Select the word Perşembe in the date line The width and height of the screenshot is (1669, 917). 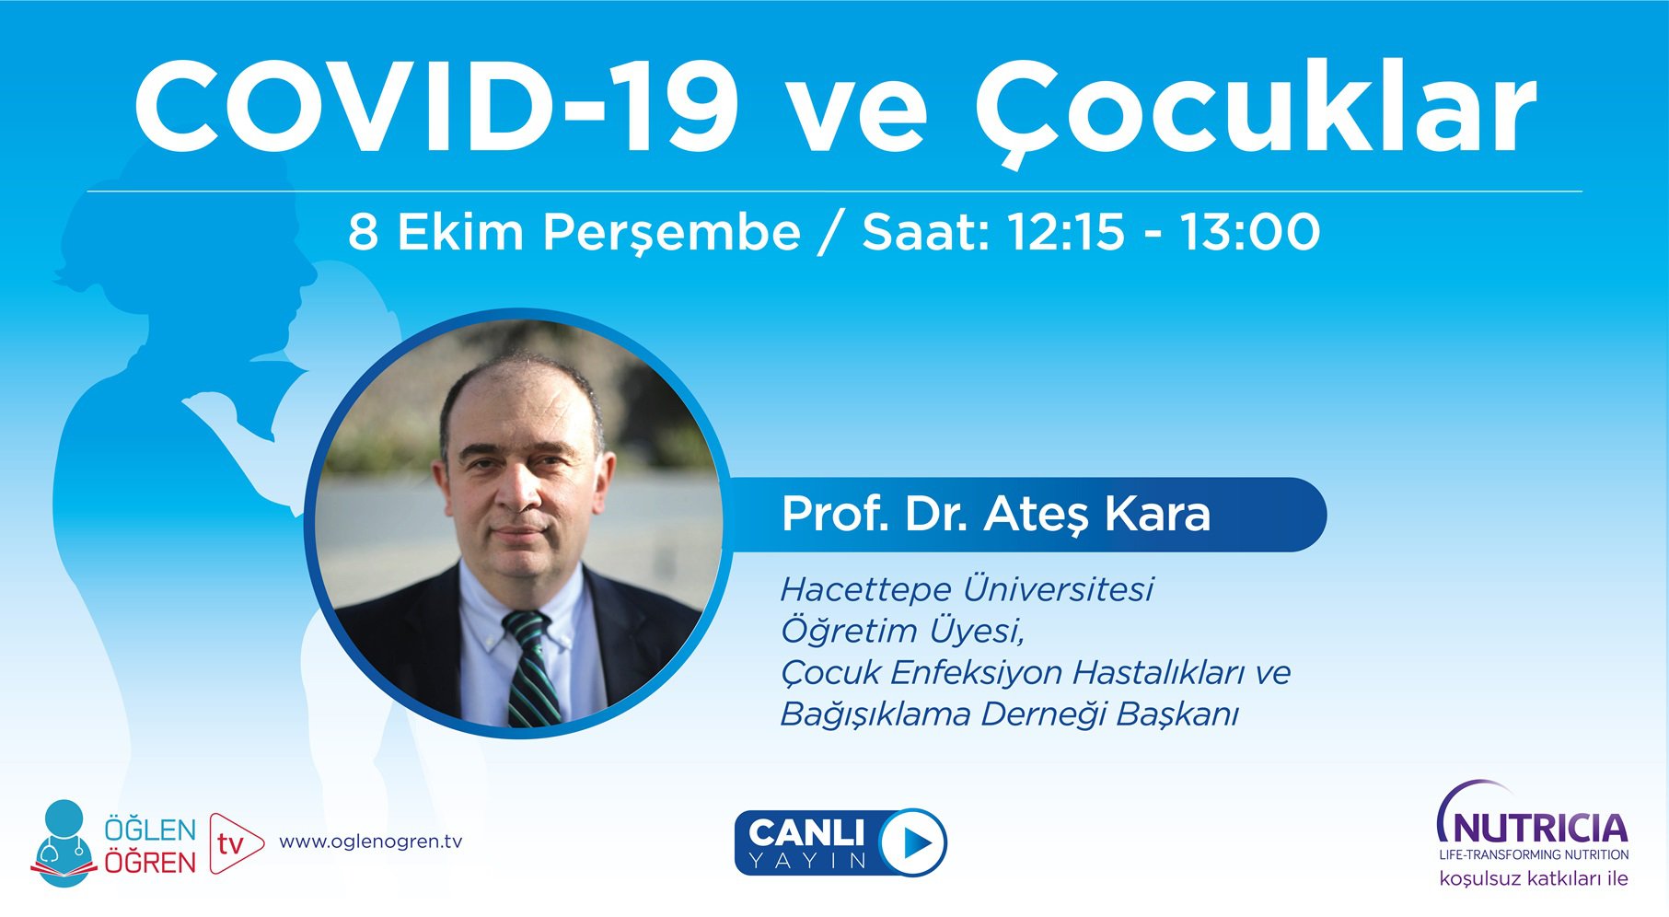671,232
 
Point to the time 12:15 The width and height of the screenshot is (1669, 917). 1066,232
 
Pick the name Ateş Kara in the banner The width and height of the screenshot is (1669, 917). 1097,514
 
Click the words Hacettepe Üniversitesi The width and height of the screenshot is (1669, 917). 967,589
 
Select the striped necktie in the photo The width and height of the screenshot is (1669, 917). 532,667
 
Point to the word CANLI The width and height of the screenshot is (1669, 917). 806,832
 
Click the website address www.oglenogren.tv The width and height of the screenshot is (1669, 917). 370,842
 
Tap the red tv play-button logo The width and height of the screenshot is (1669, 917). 234,842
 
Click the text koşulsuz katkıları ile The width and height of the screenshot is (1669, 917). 1533,879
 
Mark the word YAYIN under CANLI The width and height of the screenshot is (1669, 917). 807,861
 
